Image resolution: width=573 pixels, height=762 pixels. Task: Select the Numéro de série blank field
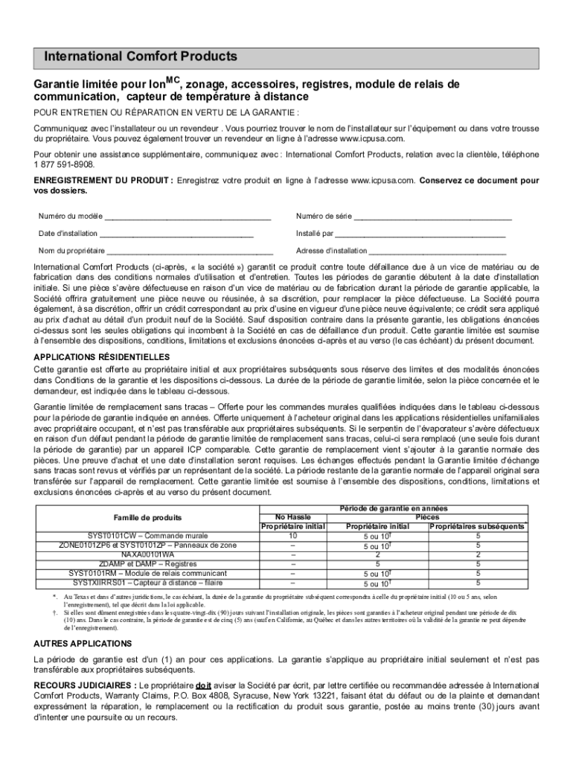coord(432,217)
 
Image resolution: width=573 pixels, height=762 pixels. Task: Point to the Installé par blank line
coord(420,234)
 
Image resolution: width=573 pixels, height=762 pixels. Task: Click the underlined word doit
coord(203,684)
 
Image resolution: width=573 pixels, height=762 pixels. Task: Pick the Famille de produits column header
coord(147,516)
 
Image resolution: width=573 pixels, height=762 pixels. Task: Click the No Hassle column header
coord(293,516)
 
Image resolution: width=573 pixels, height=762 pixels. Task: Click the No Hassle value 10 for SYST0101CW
coord(293,535)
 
